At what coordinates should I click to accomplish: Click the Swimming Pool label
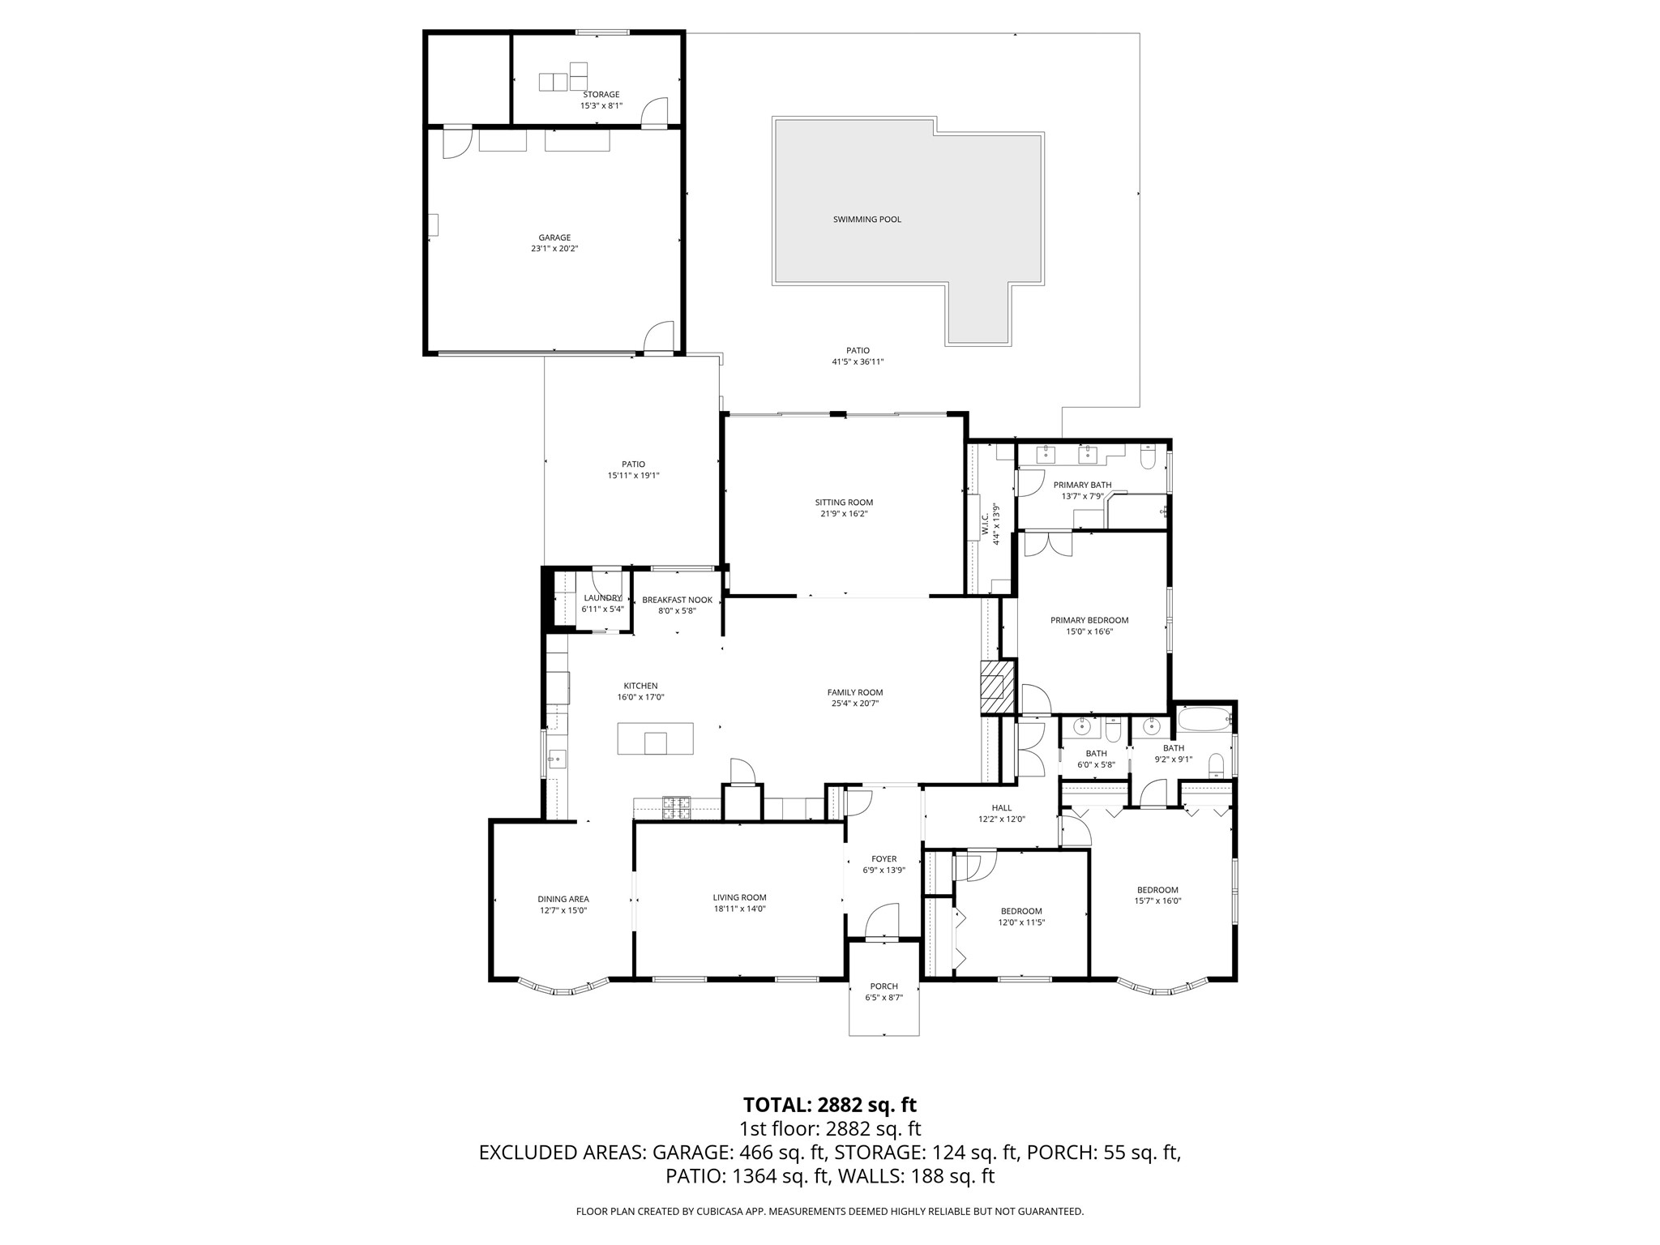pos(866,220)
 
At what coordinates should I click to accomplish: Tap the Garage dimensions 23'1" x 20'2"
pos(554,249)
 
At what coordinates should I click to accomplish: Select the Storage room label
pos(601,95)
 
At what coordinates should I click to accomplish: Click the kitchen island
pos(655,738)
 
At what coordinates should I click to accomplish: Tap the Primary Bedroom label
pos(1089,620)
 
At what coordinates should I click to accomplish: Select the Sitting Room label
pos(844,503)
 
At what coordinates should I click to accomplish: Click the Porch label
pos(883,986)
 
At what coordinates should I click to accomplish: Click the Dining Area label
pos(563,899)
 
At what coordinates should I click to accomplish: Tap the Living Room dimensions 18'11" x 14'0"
pos(739,909)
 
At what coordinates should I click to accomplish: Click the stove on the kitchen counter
pos(677,806)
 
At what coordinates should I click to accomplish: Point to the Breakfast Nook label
pos(677,600)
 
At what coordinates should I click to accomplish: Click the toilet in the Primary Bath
pos(1148,460)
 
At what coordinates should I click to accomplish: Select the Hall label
pos(1001,807)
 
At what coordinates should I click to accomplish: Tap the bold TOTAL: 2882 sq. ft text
pos(829,1105)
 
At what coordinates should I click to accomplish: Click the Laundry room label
pos(602,598)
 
